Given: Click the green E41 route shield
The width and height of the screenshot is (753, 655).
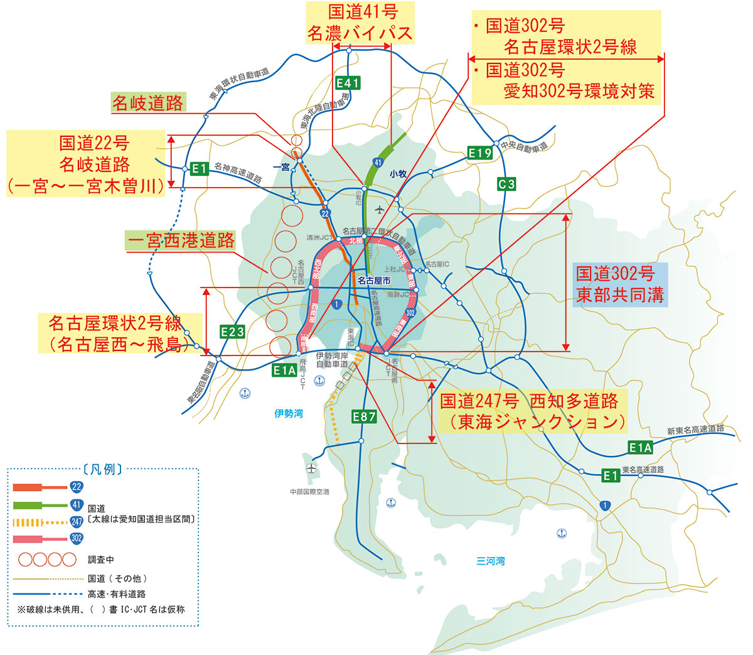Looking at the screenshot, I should coord(348,83).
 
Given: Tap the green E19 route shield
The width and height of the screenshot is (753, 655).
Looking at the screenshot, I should coord(480,153).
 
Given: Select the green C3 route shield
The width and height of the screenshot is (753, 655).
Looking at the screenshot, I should coord(506,184).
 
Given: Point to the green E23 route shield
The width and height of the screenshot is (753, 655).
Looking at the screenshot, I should coord(232,332).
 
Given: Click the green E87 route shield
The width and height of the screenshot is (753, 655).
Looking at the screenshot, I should coord(364,416).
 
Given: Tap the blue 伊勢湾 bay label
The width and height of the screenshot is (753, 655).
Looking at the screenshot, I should coord(289,413).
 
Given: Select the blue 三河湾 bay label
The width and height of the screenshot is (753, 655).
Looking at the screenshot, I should coord(491,561).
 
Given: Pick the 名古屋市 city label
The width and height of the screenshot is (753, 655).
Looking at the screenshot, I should coord(374,281).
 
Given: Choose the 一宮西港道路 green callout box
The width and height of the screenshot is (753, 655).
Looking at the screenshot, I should coord(181,241).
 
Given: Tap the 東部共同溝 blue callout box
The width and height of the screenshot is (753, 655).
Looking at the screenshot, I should coord(620,284).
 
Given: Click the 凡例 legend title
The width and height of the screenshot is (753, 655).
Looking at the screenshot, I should coord(102,469).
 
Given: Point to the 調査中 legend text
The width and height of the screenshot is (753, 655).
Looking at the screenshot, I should coord(101,559).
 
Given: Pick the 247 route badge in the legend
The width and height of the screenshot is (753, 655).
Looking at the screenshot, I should coord(77,521).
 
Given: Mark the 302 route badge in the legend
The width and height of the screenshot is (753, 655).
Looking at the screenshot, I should coord(77,538).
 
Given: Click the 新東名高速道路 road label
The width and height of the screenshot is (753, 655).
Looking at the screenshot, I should coord(695,430).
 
